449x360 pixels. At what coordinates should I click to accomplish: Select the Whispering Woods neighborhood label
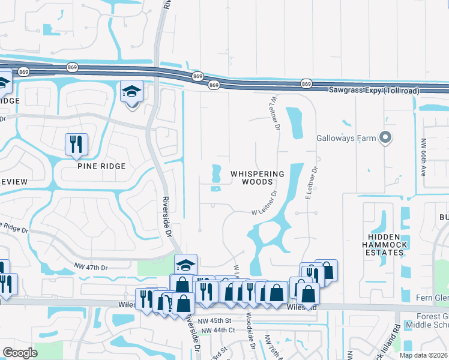point(258,178)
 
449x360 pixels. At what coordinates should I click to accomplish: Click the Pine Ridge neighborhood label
point(101,166)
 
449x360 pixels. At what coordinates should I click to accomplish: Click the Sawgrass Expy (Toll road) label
point(373,90)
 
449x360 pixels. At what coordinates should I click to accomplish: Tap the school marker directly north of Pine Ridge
point(132,92)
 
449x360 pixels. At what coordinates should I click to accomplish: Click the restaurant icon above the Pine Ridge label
point(76,144)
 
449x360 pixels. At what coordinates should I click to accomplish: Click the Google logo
point(20,353)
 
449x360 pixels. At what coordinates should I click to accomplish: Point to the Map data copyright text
point(423,355)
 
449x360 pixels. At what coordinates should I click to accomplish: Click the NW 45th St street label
point(217,321)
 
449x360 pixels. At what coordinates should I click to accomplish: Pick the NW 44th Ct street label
point(218,331)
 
